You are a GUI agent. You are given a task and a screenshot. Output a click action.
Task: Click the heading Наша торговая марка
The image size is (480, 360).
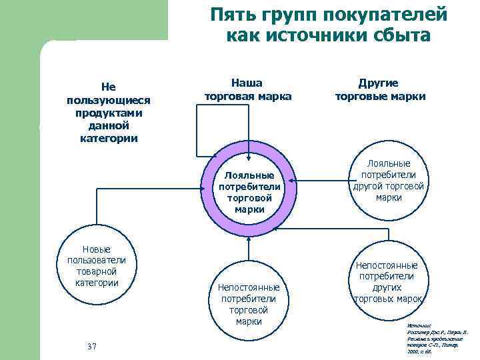coord(248,89)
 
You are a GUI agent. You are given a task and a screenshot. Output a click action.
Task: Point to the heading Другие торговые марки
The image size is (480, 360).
coord(380,89)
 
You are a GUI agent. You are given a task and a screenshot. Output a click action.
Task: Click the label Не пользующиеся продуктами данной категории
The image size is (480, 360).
coord(108,112)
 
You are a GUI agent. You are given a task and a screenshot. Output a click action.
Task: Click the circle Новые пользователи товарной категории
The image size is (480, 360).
coord(97,265)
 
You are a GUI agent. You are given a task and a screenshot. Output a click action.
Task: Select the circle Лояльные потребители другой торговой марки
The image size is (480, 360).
coord(389,180)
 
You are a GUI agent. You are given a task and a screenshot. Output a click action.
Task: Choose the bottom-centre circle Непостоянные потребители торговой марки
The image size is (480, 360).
coord(248,303)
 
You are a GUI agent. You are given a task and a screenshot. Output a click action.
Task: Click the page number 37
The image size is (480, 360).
coord(93,346)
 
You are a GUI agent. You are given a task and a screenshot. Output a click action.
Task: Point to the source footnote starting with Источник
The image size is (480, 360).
coord(429,339)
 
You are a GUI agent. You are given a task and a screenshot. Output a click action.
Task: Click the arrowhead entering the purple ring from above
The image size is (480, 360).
coord(248,157)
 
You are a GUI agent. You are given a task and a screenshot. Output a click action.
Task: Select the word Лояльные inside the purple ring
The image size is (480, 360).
coord(248,175)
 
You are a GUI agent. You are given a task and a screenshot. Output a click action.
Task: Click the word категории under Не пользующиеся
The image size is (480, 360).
coord(108,139)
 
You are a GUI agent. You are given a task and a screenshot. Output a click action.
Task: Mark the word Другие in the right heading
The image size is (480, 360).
coord(379,83)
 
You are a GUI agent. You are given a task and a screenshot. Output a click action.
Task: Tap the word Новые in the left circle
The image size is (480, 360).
coord(97,249)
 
